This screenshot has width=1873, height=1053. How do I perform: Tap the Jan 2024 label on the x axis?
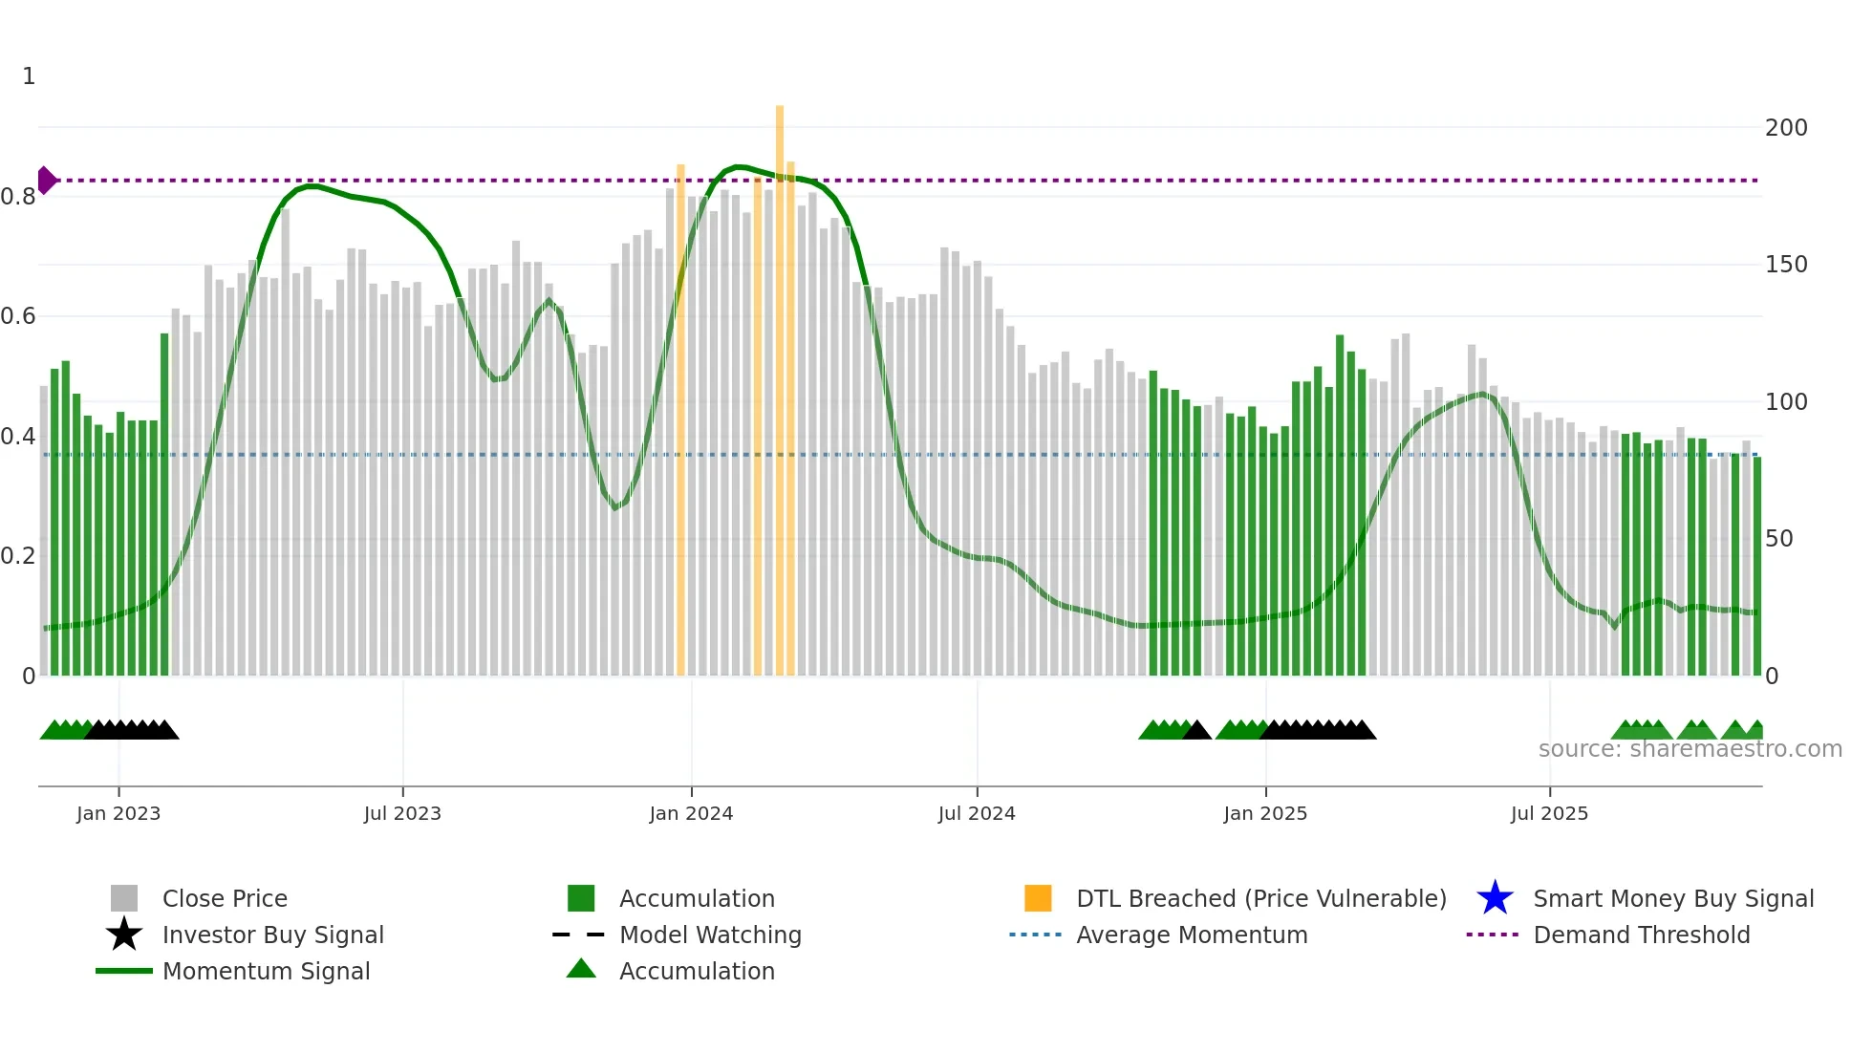691,814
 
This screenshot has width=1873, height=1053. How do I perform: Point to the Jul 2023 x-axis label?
402,814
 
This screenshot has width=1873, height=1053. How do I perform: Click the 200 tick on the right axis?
1786,128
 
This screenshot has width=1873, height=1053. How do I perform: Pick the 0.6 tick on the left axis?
19,316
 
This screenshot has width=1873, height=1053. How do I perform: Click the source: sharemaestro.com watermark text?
1690,749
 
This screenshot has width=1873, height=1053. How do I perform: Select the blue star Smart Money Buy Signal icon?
1495,898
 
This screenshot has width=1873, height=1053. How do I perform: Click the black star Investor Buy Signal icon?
124,935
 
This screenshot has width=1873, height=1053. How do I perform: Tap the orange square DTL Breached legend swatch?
1038,898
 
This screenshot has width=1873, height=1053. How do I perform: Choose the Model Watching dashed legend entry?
579,935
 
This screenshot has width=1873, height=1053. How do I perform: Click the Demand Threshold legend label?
1641,935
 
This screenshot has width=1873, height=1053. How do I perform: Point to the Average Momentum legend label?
1191,935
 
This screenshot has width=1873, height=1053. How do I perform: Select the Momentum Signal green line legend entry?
124,971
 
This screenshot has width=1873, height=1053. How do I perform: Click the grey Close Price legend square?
124,898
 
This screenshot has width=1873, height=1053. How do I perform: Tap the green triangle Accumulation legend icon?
581,969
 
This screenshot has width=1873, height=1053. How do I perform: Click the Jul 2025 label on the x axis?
1549,814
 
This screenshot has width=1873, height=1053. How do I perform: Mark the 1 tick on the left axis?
29,76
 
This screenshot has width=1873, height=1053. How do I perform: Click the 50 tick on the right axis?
1779,539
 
